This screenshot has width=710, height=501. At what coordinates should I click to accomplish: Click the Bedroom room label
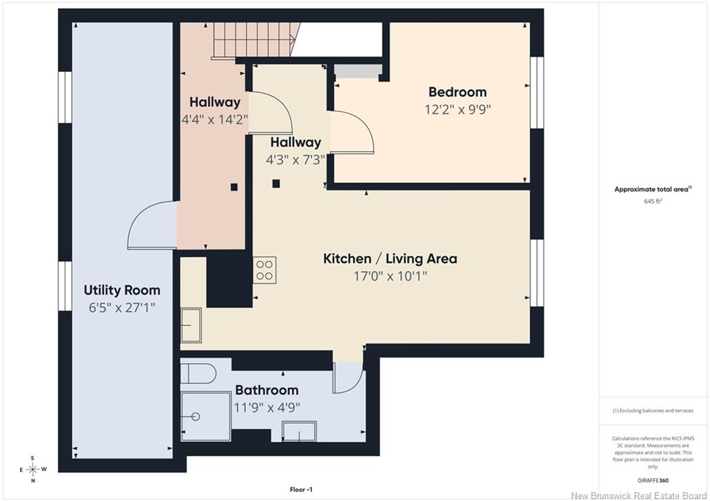pyautogui.click(x=458, y=92)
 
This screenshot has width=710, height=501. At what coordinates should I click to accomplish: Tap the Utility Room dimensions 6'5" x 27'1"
pyautogui.click(x=122, y=308)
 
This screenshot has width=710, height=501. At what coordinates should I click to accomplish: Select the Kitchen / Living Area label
pyautogui.click(x=390, y=259)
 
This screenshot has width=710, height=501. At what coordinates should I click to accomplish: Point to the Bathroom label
pyautogui.click(x=267, y=390)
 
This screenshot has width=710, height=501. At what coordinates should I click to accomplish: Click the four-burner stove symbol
pyautogui.click(x=264, y=270)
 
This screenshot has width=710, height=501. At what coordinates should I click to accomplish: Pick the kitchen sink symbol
pyautogui.click(x=191, y=325)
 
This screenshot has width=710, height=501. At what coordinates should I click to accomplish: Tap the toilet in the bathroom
pyautogui.click(x=198, y=373)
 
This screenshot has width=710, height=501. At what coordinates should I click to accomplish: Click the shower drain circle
pyautogui.click(x=196, y=416)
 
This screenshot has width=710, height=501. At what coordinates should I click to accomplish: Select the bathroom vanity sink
pyautogui.click(x=299, y=431)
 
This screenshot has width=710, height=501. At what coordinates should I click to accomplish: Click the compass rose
pyautogui.click(x=33, y=469)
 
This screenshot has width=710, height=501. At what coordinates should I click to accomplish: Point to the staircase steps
pyautogui.click(x=257, y=39)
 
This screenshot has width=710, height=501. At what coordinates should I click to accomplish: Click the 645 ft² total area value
pyautogui.click(x=653, y=201)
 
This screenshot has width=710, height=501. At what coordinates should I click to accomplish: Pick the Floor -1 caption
pyautogui.click(x=301, y=489)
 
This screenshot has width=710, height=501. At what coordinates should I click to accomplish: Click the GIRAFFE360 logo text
pyautogui.click(x=653, y=480)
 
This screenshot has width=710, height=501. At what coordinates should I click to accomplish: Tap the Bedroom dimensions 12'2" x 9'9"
pyautogui.click(x=458, y=109)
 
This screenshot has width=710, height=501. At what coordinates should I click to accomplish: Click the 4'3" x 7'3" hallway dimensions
pyautogui.click(x=295, y=160)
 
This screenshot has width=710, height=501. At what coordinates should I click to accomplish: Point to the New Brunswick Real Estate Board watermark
pyautogui.click(x=639, y=495)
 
